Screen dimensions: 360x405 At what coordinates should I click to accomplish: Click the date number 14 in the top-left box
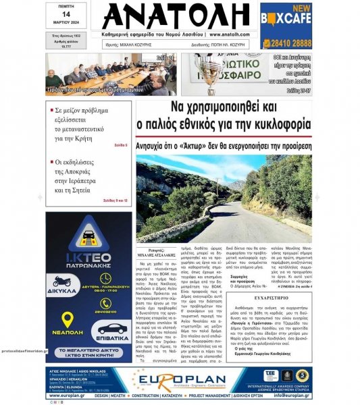tap(66, 13)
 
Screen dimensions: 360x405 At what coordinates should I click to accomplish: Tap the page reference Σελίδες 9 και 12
tap(115, 200)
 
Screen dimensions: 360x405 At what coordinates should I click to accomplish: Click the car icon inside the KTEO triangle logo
tap(90, 236)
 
